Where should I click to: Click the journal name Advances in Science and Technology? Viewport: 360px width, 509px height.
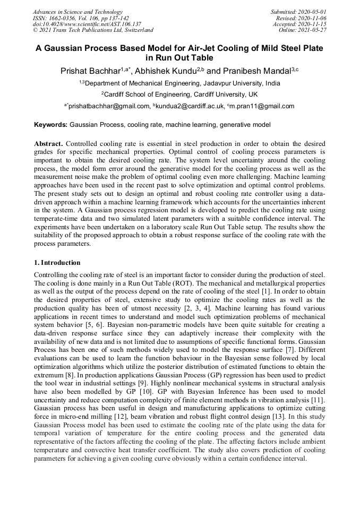[x=78, y=12]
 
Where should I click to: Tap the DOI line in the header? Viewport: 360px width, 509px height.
[x=87, y=24]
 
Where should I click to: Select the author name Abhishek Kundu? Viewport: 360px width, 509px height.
[x=168, y=70]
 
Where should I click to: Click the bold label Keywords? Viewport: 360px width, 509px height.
[x=50, y=125]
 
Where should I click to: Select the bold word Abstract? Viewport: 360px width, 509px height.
[x=49, y=144]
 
